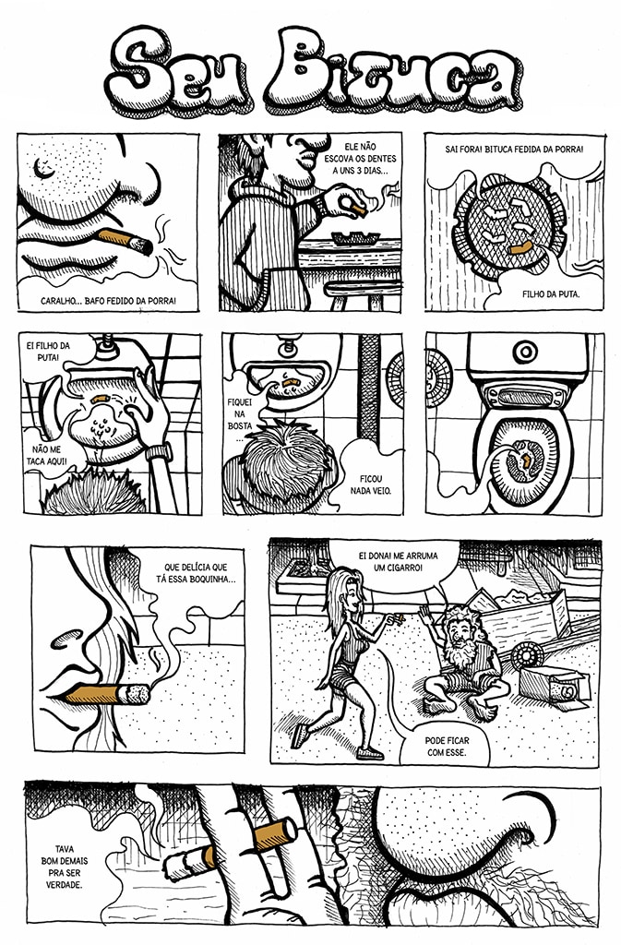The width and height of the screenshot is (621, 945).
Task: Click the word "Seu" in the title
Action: [178, 71]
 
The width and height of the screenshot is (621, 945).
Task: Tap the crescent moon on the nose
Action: [43, 168]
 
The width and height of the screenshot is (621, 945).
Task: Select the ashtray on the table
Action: [354, 237]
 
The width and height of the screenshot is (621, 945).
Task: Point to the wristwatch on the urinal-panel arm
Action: [159, 450]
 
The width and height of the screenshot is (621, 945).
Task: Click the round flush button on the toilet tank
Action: [525, 352]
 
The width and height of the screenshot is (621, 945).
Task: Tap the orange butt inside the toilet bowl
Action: [525, 462]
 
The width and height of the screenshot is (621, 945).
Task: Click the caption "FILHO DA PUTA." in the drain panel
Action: [551, 294]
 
